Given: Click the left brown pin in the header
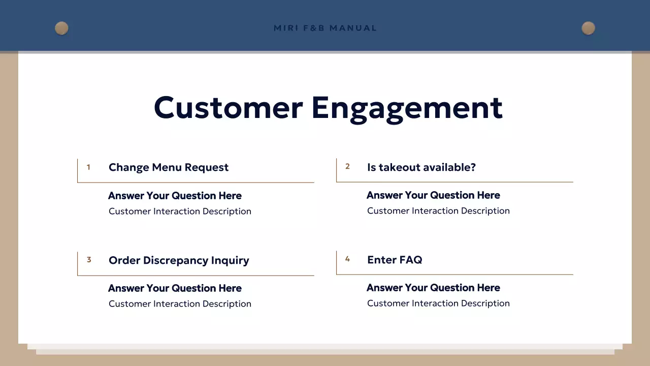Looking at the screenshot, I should pos(61,28).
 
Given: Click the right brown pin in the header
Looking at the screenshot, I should pos(588,28).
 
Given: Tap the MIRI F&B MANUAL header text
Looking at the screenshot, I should pos(325,28).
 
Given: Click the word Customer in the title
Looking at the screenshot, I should pos(228,107).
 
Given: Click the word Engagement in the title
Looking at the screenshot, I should pos(407,107).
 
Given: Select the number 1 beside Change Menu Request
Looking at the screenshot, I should pos(88,167).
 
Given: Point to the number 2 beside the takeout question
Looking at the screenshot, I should pos(347,166).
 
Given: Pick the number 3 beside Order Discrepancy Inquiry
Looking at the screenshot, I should pos(89,260).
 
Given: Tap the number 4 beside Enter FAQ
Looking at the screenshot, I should pos(347,259).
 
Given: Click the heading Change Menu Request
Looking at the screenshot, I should pos(169,167).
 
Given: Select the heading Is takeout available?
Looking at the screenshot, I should pos(421,167).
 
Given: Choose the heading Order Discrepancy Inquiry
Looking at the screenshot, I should pos(179,260).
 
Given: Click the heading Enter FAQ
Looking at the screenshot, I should pos(395,260).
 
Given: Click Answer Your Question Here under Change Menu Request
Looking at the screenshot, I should pos(175,196).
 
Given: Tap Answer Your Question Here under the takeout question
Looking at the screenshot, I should pos(433,195).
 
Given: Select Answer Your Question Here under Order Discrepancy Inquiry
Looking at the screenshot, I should pos(175,288).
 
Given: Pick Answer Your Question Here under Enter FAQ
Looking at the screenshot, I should pos(433,288).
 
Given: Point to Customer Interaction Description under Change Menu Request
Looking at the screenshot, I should pos(180,211).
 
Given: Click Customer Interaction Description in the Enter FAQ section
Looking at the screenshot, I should pos(438,303).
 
